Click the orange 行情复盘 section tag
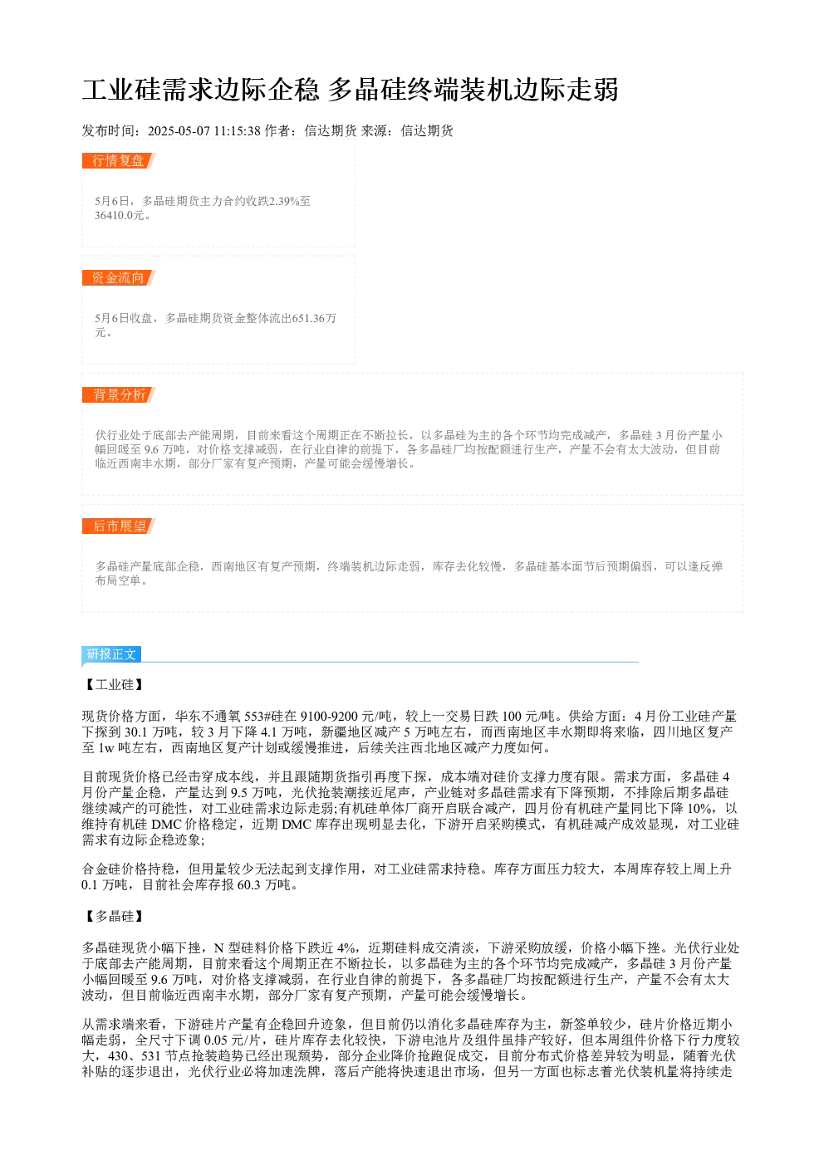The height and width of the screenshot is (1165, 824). [118, 161]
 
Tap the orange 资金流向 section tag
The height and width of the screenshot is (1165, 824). [118, 277]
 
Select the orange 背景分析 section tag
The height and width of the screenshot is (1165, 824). [118, 394]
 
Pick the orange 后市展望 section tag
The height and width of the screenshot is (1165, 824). [118, 526]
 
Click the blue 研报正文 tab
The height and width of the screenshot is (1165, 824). [111, 654]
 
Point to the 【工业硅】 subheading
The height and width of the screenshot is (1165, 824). [114, 684]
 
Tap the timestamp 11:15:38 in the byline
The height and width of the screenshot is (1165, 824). [238, 130]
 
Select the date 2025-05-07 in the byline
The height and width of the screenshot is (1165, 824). [179, 130]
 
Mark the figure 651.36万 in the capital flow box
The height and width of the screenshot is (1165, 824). [314, 318]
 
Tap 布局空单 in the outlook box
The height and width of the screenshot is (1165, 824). [118, 580]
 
